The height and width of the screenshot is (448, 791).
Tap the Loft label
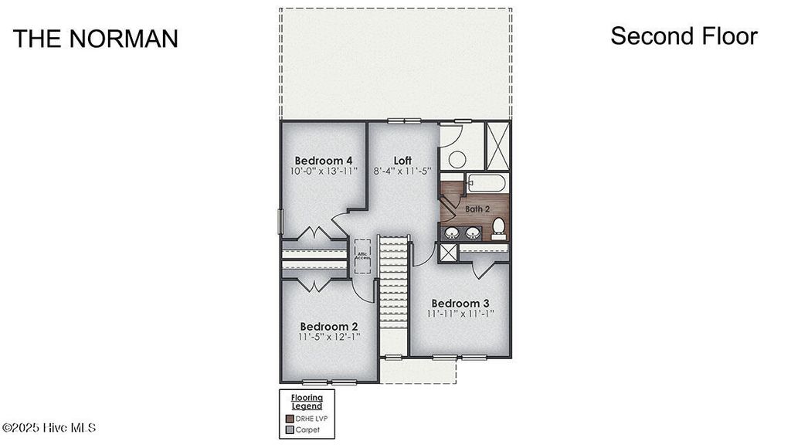[x=402, y=161]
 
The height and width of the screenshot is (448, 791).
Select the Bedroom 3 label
[x=460, y=303]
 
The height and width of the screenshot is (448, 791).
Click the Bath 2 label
[x=477, y=209]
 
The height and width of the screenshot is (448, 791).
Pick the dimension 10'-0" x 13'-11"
[x=324, y=171]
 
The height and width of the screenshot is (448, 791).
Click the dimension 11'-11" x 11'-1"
[x=460, y=314]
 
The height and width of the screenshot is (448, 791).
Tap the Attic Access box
[x=362, y=256]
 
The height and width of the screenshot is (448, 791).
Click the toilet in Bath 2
[x=498, y=227]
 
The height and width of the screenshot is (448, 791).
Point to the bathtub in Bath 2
[x=487, y=184]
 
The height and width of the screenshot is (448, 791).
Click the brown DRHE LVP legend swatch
[x=290, y=418]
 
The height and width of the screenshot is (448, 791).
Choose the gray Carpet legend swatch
[x=290, y=429]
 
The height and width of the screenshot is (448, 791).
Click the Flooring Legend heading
[x=307, y=402]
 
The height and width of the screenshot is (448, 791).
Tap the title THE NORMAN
[x=96, y=39]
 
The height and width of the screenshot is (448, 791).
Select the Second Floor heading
[x=684, y=36]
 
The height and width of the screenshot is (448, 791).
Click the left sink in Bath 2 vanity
[x=451, y=232]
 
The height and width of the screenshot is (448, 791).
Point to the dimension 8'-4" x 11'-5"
[x=402, y=171]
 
